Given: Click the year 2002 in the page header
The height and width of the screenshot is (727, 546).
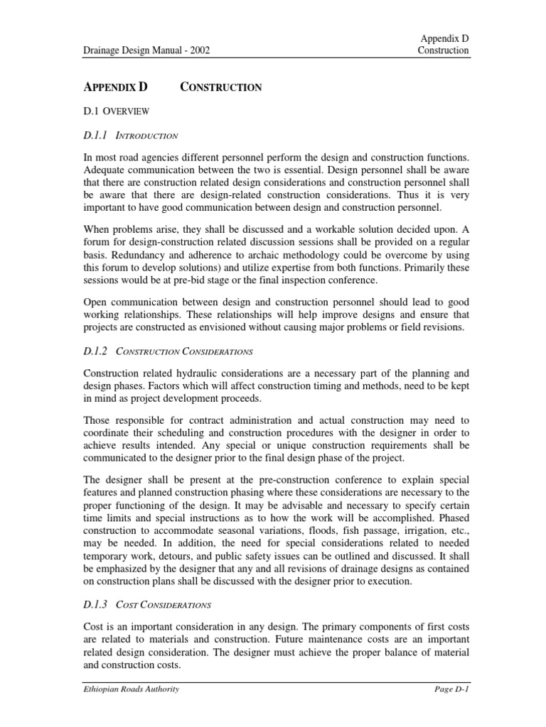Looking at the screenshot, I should [x=198, y=50].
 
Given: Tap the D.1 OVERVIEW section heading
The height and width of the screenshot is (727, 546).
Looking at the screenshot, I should [x=114, y=111].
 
